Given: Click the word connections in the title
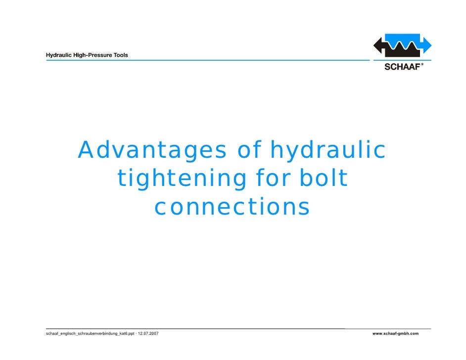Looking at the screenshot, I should (x=232, y=207).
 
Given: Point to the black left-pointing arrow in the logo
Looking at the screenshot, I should (x=381, y=47).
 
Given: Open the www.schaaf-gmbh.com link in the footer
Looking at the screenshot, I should (x=395, y=334).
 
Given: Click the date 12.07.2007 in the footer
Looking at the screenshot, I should (x=148, y=334).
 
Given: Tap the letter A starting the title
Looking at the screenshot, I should (x=87, y=150).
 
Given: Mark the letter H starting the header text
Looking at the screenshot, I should (x=48, y=55).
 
